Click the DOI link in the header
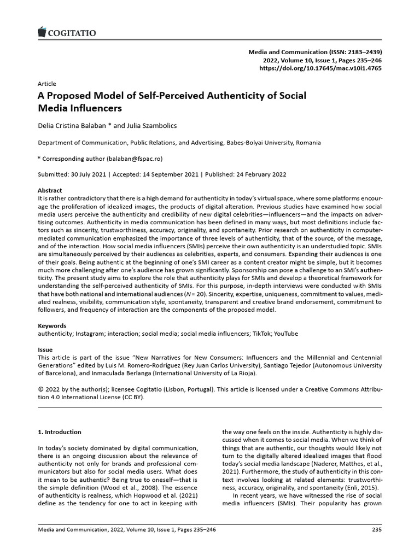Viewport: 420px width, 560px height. (x=320, y=68)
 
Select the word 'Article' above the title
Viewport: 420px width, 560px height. (x=46, y=84)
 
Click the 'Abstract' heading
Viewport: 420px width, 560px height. (x=49, y=190)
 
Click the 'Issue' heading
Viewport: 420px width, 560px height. (x=45, y=349)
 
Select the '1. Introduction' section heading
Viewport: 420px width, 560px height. (x=60, y=432)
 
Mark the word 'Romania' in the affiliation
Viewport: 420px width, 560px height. (x=308, y=143)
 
